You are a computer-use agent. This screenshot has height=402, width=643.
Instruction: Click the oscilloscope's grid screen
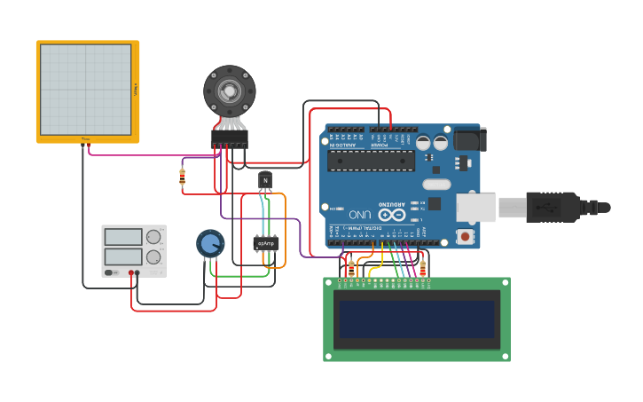pyautogui.click(x=85, y=90)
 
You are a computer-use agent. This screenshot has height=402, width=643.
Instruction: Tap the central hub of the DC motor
pyautogui.click(x=229, y=91)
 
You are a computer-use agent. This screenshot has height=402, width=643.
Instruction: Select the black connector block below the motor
pyautogui.click(x=229, y=138)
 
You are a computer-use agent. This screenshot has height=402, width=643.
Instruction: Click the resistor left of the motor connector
pyautogui.click(x=183, y=178)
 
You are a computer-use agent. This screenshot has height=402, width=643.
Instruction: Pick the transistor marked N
pyautogui.click(x=264, y=180)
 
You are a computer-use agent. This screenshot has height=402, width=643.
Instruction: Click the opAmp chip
pyautogui.click(x=265, y=242)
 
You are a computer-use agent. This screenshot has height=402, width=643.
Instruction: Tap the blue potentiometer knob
pyautogui.click(x=210, y=243)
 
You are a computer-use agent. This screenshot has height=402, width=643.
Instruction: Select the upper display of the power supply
pyautogui.click(x=123, y=237)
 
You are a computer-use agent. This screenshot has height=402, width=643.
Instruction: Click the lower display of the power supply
pyautogui.click(x=123, y=257)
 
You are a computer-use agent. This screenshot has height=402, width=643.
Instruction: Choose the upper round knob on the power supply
pyautogui.click(x=153, y=237)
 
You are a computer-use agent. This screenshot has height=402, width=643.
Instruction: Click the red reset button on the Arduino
pyautogui.click(x=464, y=236)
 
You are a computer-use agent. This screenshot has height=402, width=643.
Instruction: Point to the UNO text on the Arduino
pyautogui.click(x=359, y=215)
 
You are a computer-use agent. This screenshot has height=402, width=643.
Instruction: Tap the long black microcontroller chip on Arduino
pyautogui.click(x=370, y=161)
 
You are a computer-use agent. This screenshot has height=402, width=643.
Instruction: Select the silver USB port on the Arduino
pyautogui.click(x=475, y=208)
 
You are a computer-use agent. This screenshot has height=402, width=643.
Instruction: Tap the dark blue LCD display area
pyautogui.click(x=417, y=319)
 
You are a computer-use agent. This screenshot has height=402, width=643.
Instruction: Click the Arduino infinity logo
pyautogui.click(x=391, y=215)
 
